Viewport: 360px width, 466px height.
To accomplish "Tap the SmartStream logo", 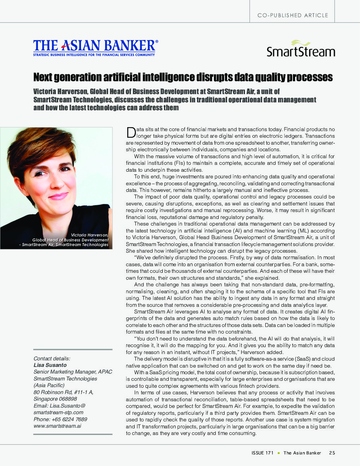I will point(300,49).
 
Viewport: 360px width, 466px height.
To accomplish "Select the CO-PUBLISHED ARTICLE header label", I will point(293,15).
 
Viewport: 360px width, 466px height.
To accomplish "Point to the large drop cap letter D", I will point(131,132).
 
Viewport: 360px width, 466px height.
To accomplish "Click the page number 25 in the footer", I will point(332,453).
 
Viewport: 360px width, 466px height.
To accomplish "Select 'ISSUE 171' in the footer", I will point(262,453).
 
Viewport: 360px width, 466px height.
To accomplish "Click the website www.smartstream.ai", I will point(57,426).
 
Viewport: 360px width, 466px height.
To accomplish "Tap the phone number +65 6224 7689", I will point(69,419).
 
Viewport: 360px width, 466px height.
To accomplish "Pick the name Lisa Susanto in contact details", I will point(50,365).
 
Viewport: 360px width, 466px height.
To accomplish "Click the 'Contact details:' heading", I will point(52,358).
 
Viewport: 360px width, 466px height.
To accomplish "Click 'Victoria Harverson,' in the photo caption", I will point(90,235).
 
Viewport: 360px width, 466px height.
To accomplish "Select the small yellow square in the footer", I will point(279,453).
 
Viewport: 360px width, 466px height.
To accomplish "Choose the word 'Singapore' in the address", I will point(44,399).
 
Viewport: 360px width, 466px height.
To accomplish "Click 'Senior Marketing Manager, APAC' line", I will point(72,372).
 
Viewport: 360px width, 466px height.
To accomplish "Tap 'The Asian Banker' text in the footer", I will point(302,453).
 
